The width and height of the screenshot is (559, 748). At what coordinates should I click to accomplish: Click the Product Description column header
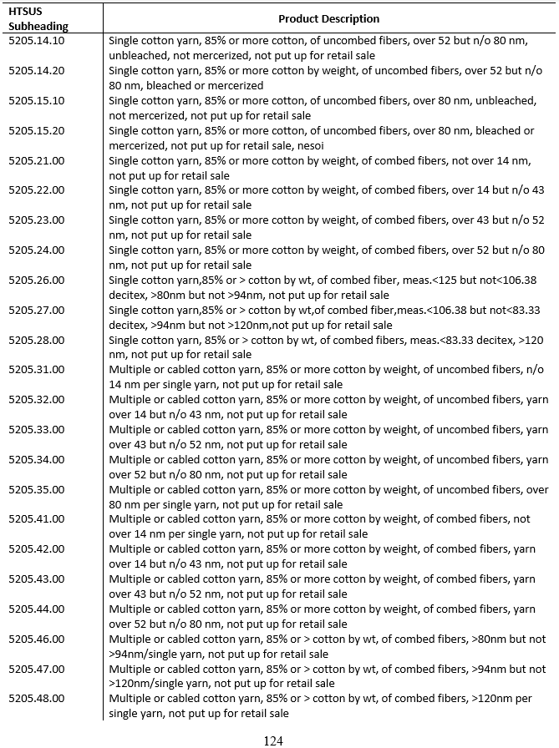click(328, 18)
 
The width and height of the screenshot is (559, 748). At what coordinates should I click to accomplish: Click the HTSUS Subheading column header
click(38, 18)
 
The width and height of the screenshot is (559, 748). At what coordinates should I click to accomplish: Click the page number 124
click(273, 740)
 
